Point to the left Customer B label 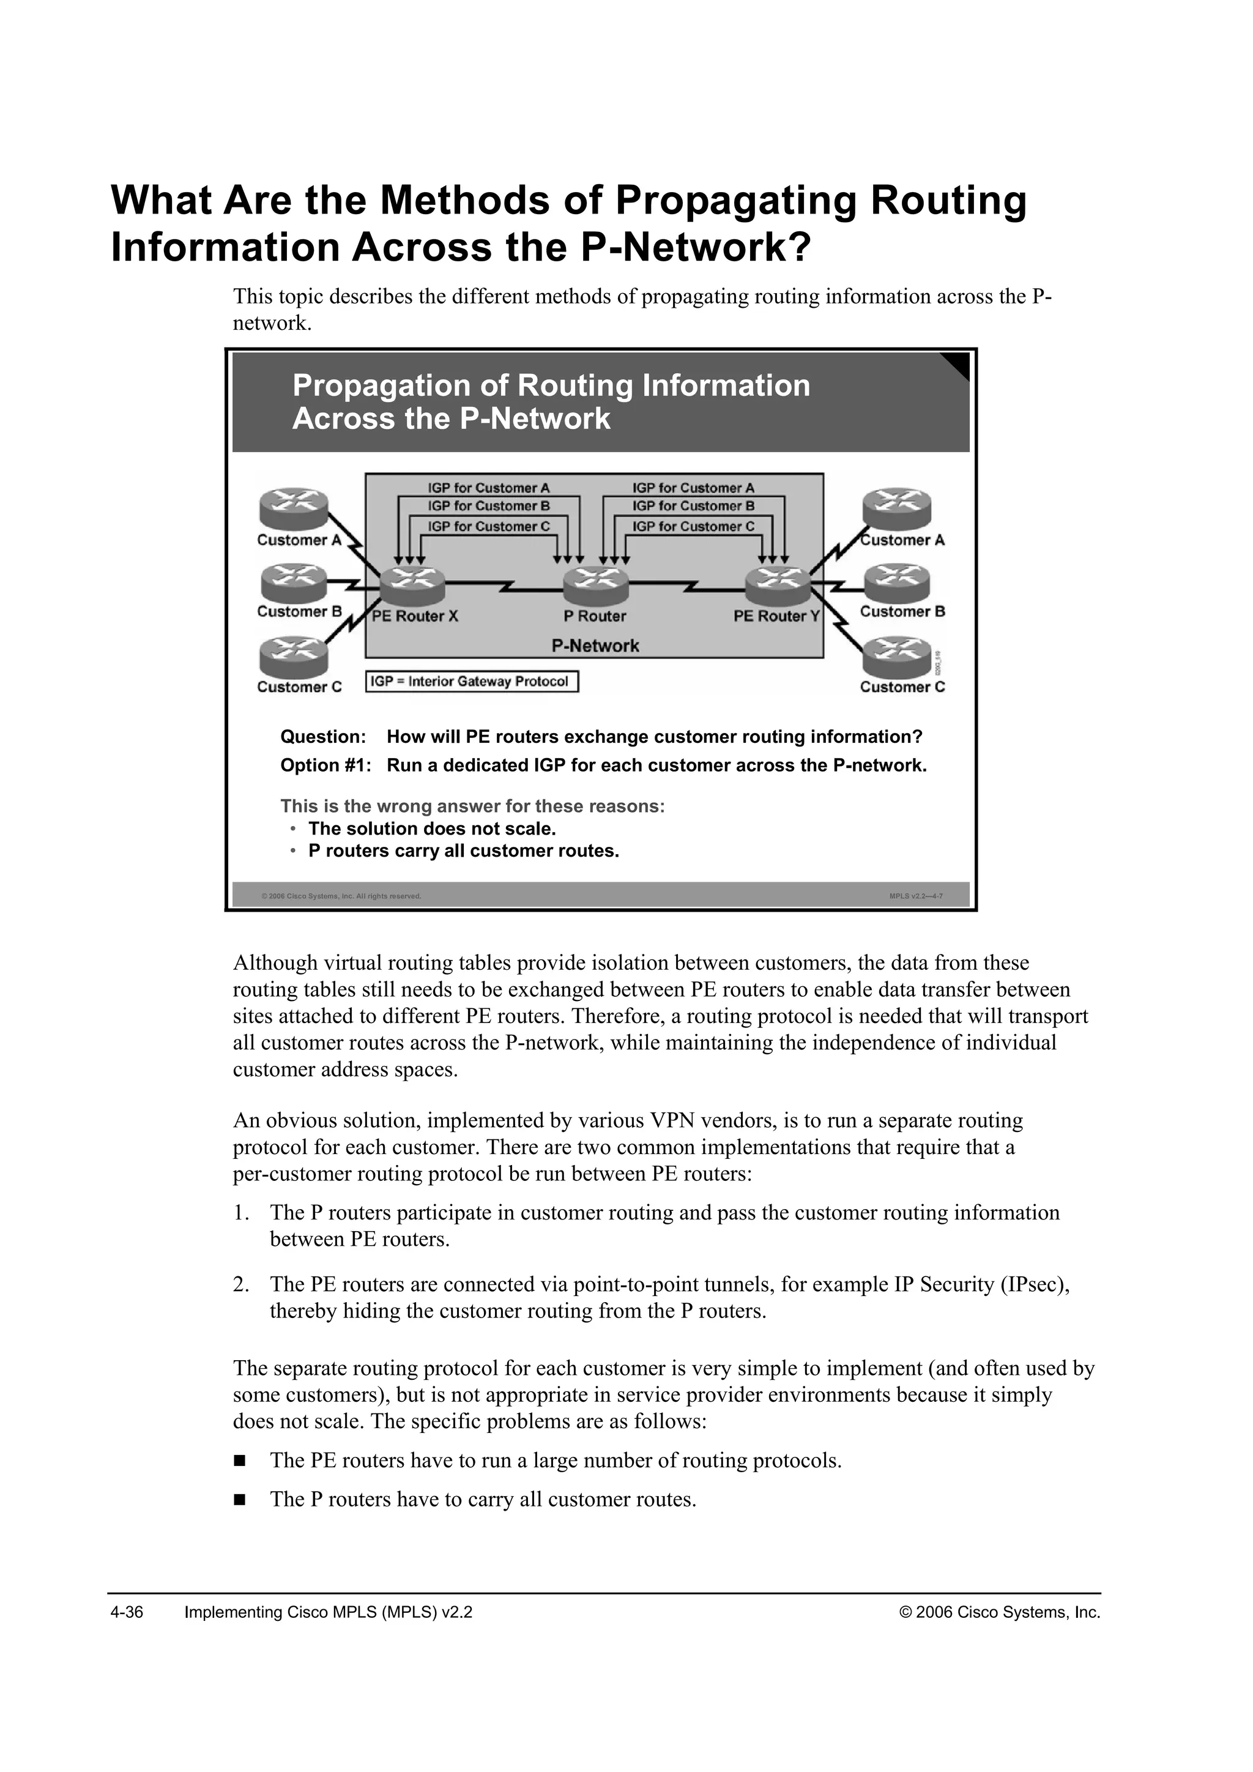tap(299, 612)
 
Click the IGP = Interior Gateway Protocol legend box tap(472, 682)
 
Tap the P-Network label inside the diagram tap(595, 646)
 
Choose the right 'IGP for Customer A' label tap(693, 488)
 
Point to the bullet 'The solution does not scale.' tap(432, 829)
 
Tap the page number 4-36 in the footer tap(127, 1613)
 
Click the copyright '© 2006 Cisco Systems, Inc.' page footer tap(1000, 1613)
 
